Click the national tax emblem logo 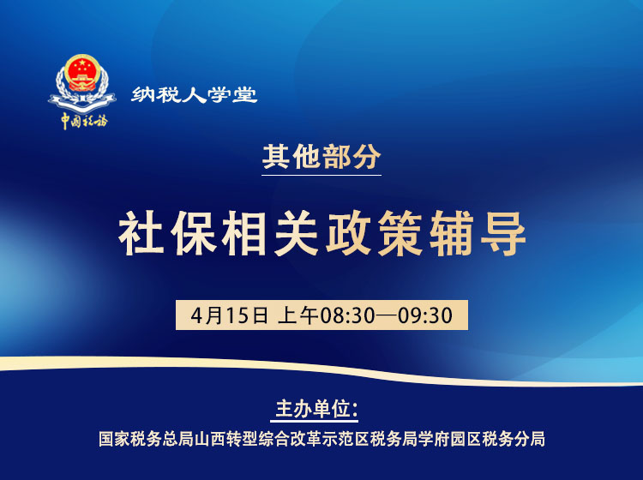tap(82, 82)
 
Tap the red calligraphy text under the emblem tap(83, 120)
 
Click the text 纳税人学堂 tap(195, 94)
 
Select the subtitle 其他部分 tap(321, 159)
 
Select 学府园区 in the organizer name tap(455, 439)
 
